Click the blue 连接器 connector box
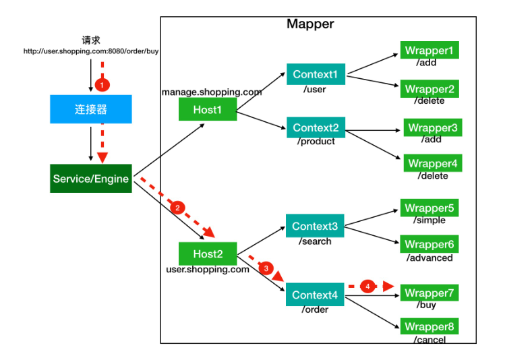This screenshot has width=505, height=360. point(91,109)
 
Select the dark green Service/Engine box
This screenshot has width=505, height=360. point(91,179)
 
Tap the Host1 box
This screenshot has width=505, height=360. point(208,109)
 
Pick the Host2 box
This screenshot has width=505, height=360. point(208,253)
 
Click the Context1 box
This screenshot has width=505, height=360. point(316,74)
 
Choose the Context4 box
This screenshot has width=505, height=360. point(315,295)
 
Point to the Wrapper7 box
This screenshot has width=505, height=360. point(429,293)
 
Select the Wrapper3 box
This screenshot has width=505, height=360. point(433,127)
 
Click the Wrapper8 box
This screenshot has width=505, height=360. point(429,326)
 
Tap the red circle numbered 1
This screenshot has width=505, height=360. point(102,85)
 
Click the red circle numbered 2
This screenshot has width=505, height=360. point(177,208)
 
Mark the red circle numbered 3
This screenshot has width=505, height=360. point(266,268)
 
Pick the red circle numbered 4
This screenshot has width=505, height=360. point(368,287)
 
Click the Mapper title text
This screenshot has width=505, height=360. point(310,24)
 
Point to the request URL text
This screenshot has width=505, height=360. point(91,51)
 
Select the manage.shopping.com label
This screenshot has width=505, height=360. point(212,92)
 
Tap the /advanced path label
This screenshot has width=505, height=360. point(429,258)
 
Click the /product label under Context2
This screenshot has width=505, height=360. point(316,142)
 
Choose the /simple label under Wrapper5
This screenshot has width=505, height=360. point(429,220)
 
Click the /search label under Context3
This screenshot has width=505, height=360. point(315,241)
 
